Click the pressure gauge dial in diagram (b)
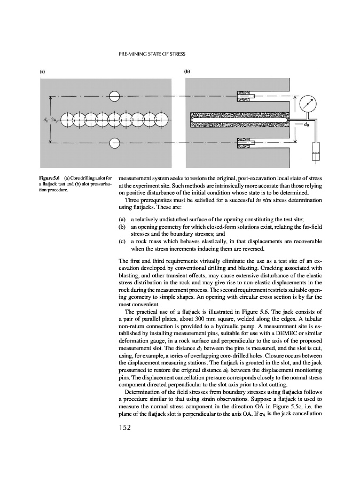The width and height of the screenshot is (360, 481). [x=307, y=103]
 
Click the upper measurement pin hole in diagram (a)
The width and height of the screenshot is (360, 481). [x=114, y=96]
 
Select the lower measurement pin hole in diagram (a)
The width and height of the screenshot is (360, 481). [x=114, y=144]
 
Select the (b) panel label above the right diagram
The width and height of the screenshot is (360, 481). [x=187, y=71]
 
